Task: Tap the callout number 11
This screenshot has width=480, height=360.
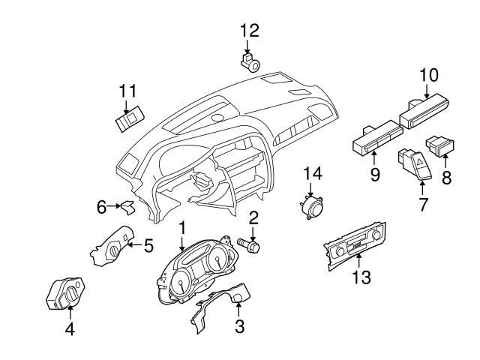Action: pyautogui.click(x=127, y=91)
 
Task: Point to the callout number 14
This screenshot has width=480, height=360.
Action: pyautogui.click(x=312, y=173)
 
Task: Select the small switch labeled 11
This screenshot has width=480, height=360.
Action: pyautogui.click(x=128, y=119)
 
